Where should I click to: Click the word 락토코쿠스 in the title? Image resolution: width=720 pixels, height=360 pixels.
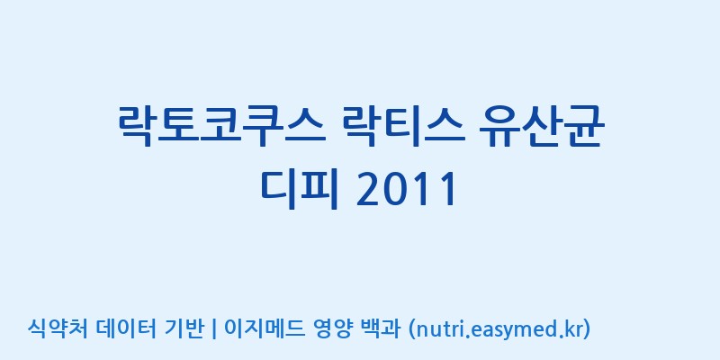[x=222, y=126]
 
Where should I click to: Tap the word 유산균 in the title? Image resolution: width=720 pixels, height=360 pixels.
[x=539, y=126]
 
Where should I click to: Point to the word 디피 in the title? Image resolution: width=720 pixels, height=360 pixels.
[x=300, y=189]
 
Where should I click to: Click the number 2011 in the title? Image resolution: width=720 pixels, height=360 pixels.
[x=407, y=190]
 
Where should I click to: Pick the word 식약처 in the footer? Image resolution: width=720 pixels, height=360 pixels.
[x=58, y=328]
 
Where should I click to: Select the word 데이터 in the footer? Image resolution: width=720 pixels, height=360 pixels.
[x=125, y=328]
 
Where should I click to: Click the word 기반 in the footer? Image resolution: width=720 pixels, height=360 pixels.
[x=184, y=328]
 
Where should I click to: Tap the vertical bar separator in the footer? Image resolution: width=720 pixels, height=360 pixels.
[x=213, y=329]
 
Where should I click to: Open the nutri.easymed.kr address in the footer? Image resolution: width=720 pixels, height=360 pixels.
[x=499, y=329]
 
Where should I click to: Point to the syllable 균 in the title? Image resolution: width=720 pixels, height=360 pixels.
[x=580, y=126]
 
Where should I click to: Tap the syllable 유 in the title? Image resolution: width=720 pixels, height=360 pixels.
[x=498, y=127]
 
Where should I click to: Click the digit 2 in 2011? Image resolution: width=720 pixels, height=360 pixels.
[x=369, y=190]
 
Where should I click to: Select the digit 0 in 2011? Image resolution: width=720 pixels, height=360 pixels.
[x=394, y=190]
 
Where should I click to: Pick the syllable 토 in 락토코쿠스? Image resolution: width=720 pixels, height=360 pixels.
[x=180, y=126]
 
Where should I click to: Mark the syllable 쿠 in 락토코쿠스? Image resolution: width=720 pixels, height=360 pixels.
[x=264, y=127]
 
